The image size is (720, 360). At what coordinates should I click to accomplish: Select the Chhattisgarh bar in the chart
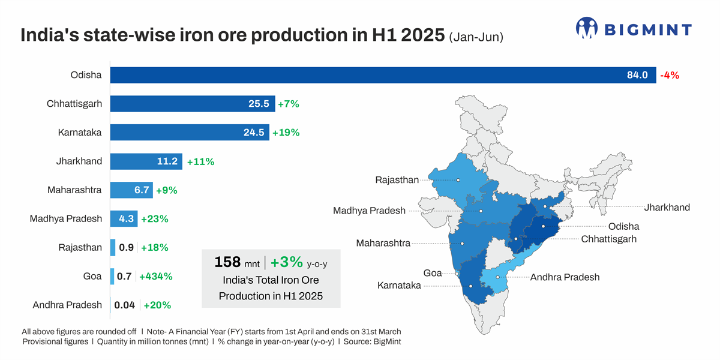tap(192, 104)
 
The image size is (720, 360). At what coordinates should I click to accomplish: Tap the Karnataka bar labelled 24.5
tap(189, 133)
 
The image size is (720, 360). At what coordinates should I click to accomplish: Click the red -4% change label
tap(670, 76)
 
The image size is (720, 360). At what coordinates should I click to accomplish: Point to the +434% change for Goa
tap(155, 277)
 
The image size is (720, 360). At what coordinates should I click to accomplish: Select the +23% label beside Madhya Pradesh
tap(154, 219)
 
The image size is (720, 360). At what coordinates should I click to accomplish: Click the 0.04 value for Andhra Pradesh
tap(125, 305)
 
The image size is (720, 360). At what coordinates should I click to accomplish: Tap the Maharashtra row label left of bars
tap(74, 190)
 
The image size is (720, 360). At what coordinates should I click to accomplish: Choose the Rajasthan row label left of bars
tap(80, 247)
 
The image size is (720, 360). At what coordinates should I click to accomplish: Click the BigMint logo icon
tap(587, 28)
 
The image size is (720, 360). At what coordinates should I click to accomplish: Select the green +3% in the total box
tap(287, 262)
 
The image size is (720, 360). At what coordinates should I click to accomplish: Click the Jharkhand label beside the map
tap(667, 208)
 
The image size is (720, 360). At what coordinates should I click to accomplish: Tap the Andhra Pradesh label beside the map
tap(565, 277)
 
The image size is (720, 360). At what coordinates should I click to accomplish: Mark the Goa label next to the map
tap(433, 273)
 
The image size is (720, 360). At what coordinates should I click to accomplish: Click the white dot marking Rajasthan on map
tap(458, 179)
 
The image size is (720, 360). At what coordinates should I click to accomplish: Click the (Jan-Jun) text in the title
tap(476, 37)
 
